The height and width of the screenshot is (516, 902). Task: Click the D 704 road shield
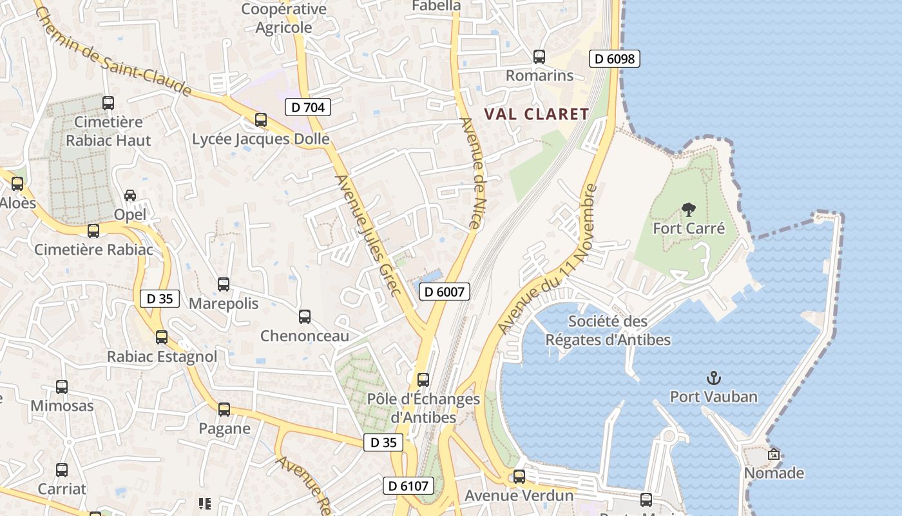click(308, 107)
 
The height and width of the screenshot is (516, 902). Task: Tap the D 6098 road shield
click(614, 59)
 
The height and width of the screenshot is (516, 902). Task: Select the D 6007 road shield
click(445, 292)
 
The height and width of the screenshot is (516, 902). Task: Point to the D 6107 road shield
click(408, 486)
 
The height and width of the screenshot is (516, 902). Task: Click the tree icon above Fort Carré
click(689, 209)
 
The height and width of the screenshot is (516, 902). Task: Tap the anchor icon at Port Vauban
click(713, 378)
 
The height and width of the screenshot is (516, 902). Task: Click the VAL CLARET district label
click(537, 114)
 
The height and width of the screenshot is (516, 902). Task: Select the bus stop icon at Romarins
click(539, 57)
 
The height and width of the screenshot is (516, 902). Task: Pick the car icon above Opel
click(130, 195)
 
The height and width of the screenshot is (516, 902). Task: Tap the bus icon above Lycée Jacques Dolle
click(261, 119)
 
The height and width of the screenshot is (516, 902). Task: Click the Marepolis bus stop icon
click(224, 284)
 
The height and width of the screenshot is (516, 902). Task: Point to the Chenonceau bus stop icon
click(305, 317)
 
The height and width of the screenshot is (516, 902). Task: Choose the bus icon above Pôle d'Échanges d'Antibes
click(423, 380)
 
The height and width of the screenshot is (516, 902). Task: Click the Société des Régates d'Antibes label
click(608, 330)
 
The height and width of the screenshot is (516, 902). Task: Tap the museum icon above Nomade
click(774, 454)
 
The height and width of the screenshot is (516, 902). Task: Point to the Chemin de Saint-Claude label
click(113, 50)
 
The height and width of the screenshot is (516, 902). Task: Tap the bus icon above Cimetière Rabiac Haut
click(108, 103)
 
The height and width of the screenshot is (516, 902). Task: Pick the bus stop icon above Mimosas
click(62, 387)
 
